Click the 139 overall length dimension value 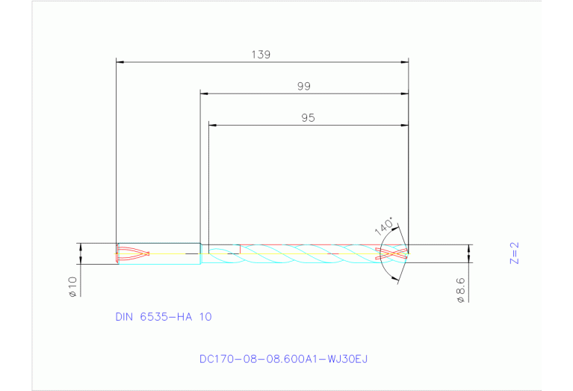pos(261,55)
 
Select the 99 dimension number pos(303,87)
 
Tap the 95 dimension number pos(308,118)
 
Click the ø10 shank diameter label pos(73,288)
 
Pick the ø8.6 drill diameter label pos(460,289)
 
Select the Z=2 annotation pos(513,253)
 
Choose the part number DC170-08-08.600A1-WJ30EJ pos(283,359)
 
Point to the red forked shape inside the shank pos(134,254)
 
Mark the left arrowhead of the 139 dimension pos(120,61)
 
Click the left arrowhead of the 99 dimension pos(204,93)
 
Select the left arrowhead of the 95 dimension pos(212,125)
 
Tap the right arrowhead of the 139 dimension pos(405,61)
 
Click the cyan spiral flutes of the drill pos(299,254)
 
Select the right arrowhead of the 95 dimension pos(405,125)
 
